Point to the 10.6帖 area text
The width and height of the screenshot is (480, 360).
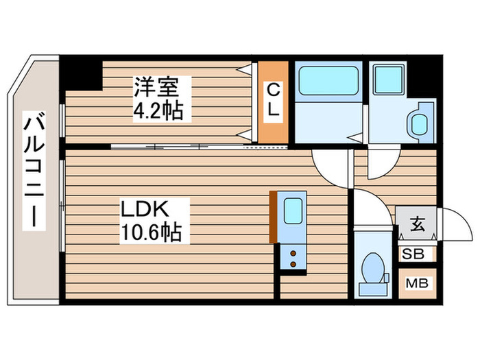tap(151, 233)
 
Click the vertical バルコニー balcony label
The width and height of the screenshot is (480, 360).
tap(32, 171)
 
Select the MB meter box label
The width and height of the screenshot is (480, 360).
tap(416, 283)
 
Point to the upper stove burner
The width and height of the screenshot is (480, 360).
tap(294, 253)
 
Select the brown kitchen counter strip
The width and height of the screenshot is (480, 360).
tap(273, 216)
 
